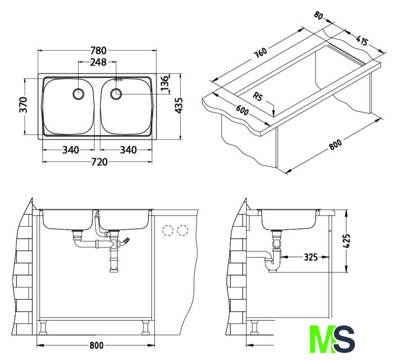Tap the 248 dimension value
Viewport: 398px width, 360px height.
pos(99,62)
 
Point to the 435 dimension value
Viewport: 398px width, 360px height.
pos(180,106)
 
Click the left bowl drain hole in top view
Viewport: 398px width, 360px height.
pos(78,93)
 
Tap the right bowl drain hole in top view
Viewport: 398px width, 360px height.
pos(116,94)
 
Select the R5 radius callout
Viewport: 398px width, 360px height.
pos(258,97)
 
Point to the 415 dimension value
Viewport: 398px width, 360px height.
pos(362,41)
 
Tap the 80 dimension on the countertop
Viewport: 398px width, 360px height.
pos(319,17)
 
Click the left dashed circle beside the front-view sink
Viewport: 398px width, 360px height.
pos(167,230)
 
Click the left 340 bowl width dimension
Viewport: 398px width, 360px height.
pos(70,150)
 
